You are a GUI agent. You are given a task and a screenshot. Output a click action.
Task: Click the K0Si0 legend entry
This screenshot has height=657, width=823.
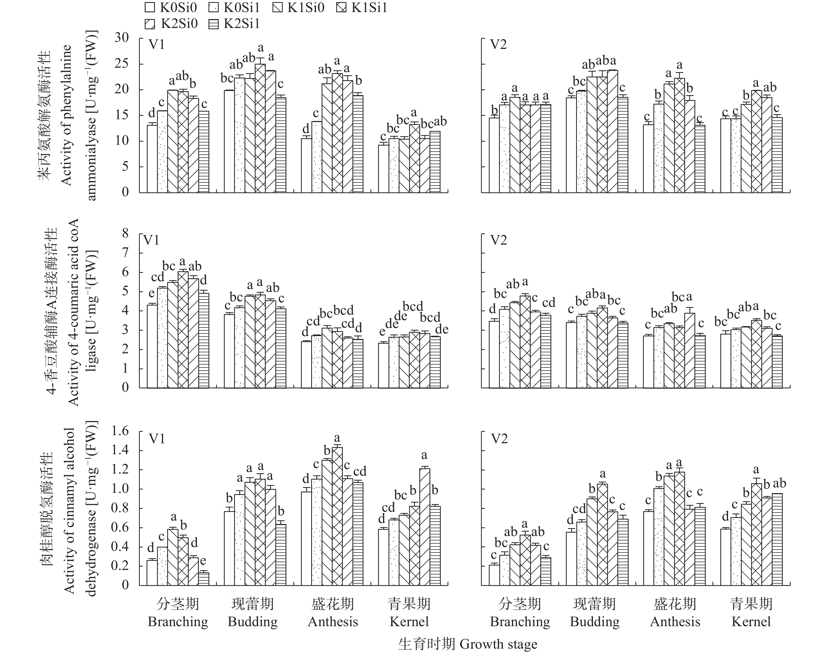[170, 8]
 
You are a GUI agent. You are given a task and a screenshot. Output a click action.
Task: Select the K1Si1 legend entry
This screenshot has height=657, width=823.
[362, 8]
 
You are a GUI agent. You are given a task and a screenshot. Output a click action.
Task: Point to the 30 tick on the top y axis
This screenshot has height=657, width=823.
[122, 37]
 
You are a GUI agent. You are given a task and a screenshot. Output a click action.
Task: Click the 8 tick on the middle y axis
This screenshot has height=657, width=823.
[125, 233]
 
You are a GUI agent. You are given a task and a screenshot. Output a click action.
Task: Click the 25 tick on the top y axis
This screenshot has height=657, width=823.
[122, 63]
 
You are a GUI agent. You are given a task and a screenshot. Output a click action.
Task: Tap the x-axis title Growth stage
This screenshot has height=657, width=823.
[498, 644]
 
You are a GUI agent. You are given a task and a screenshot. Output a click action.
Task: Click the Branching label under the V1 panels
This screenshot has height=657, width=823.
[178, 622]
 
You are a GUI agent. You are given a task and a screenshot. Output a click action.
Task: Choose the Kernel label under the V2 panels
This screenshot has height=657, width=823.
[751, 622]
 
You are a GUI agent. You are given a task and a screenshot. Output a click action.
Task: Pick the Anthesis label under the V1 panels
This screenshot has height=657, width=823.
[333, 622]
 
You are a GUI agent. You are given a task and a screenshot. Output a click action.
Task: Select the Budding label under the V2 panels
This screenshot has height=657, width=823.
[595, 622]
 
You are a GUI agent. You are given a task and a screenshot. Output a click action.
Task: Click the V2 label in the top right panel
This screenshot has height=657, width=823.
[499, 45]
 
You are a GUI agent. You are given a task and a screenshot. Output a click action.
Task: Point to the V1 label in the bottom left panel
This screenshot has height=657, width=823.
[157, 439]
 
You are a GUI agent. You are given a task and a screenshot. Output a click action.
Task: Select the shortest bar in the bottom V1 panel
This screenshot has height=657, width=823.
[204, 578]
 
